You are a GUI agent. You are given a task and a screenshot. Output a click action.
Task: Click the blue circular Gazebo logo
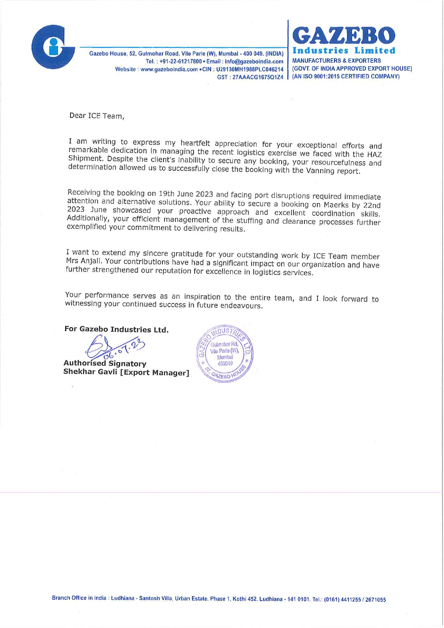53,47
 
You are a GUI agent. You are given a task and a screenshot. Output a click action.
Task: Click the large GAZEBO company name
344,36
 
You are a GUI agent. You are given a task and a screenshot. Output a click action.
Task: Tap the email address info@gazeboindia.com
254,62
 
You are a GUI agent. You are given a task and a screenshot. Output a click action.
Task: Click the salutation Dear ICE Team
97,116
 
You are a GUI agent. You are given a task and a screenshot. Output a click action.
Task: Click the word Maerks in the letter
337,205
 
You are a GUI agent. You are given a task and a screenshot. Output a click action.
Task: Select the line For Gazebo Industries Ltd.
116,329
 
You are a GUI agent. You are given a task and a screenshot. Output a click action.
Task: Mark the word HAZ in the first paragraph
374,155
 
